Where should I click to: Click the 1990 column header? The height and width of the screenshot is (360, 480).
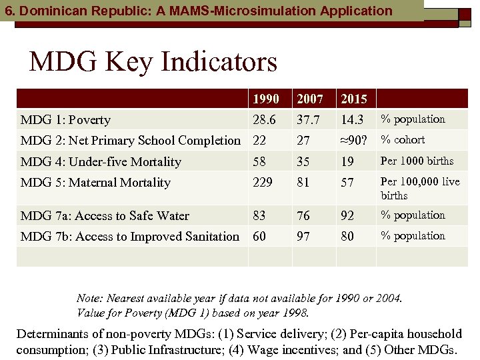(x=265, y=99)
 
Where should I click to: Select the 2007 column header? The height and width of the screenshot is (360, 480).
(x=310, y=99)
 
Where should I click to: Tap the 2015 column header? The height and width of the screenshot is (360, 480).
(x=354, y=99)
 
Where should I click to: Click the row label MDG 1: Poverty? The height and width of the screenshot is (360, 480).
(x=66, y=120)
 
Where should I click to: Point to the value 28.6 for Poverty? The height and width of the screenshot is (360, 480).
(x=265, y=120)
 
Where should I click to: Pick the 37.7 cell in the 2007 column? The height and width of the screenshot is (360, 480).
(x=308, y=120)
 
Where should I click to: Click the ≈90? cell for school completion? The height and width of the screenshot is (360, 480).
(x=354, y=141)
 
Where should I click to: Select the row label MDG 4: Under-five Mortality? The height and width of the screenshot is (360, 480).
(x=101, y=162)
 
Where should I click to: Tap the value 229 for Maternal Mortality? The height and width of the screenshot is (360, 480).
(x=263, y=183)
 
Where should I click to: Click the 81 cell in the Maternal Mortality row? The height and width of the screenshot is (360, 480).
(x=303, y=183)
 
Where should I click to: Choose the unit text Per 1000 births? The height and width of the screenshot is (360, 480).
(x=417, y=161)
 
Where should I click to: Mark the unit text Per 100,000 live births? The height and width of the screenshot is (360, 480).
(x=420, y=189)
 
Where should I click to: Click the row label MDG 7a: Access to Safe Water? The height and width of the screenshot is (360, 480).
(x=105, y=216)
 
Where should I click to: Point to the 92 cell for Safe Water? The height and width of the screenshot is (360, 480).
(x=347, y=216)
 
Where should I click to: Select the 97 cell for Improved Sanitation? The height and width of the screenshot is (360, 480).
(x=303, y=237)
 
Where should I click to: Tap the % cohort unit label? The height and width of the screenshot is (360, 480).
(x=403, y=140)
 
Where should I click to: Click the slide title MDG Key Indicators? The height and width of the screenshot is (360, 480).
(x=153, y=62)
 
